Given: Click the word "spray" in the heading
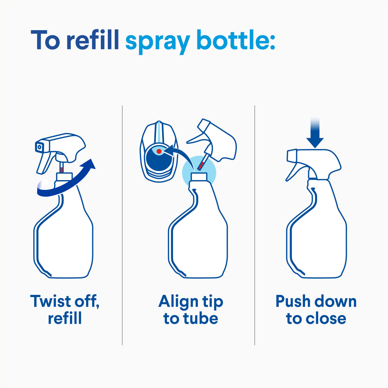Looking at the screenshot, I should [158, 41].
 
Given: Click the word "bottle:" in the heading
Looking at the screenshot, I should [236, 40].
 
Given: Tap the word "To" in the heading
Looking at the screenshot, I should [45, 40].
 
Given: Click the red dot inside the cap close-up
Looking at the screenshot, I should [159, 151].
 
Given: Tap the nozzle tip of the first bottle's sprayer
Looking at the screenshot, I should [39, 147].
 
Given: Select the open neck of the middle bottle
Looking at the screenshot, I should [199, 176].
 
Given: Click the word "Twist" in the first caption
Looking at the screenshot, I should [51, 301].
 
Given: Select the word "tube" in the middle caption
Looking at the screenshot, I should [201, 318].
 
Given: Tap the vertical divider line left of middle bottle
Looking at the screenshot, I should [122, 225].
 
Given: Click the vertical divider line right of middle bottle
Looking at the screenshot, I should [255, 225].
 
